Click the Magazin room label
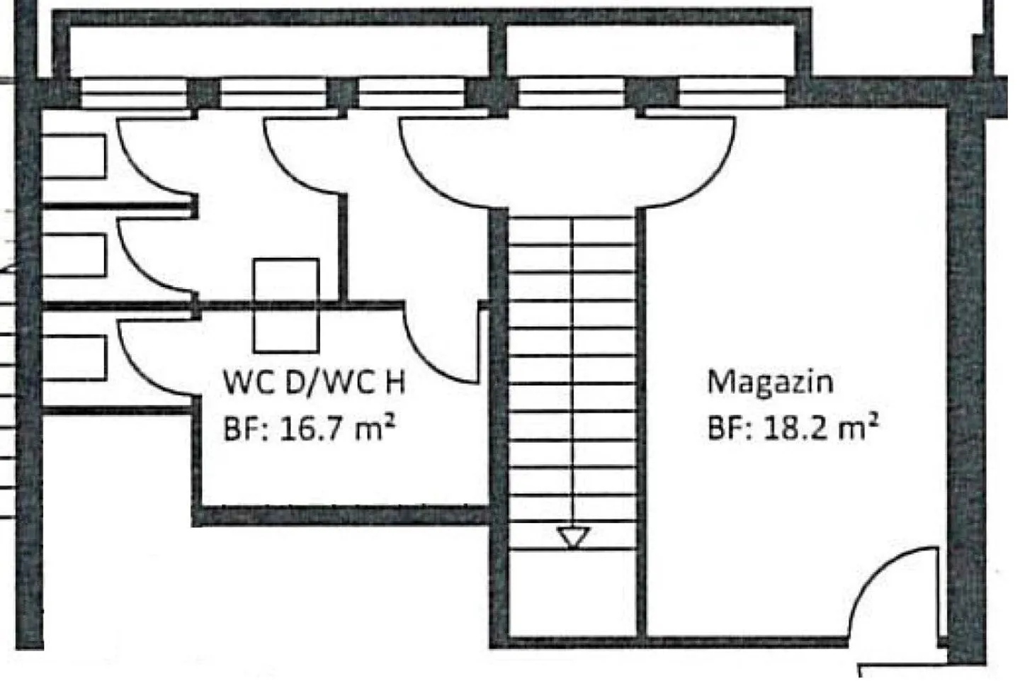(x=770, y=383)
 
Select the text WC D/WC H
(x=314, y=382)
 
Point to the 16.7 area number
(x=310, y=429)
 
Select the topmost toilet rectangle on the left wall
(x=74, y=156)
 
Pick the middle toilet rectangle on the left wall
(x=74, y=255)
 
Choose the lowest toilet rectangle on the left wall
(x=74, y=358)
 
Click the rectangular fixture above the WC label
(x=286, y=305)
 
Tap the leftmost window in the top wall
(x=134, y=93)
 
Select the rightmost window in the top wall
(x=732, y=92)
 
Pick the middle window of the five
(x=411, y=93)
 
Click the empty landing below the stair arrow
(x=572, y=593)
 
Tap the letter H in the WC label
(x=395, y=382)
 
